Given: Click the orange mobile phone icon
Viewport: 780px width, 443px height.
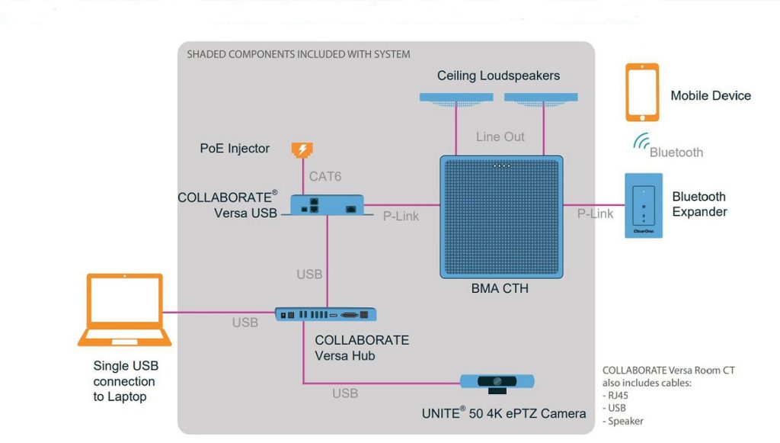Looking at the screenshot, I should click(642, 92).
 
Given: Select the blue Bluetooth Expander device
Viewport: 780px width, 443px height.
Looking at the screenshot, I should click(642, 205).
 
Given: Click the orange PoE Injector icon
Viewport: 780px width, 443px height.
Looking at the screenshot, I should click(302, 149).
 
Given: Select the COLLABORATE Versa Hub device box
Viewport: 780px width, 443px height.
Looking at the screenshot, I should click(326, 313).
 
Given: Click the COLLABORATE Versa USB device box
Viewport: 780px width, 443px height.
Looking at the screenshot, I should click(327, 205).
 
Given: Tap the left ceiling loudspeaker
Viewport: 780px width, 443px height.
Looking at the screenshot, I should click(456, 98).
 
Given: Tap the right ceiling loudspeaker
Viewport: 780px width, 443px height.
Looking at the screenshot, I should click(541, 98).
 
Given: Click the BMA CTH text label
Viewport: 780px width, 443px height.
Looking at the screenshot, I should click(500, 289).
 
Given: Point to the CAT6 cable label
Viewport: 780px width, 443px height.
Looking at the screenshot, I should click(324, 177).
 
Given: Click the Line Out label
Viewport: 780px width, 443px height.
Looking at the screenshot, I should click(500, 136).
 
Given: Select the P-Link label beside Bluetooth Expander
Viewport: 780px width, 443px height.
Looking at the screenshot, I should click(595, 214).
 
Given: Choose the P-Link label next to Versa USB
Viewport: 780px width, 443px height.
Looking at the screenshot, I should click(401, 216).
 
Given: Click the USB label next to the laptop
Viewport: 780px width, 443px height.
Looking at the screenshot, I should click(245, 323).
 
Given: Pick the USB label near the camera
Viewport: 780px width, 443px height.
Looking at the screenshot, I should click(345, 393).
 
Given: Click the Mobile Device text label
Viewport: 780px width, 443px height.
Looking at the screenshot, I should click(711, 95).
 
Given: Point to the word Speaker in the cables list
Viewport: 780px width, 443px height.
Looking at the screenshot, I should click(625, 421).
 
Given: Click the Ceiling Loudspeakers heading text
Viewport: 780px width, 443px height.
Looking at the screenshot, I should click(498, 75).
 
